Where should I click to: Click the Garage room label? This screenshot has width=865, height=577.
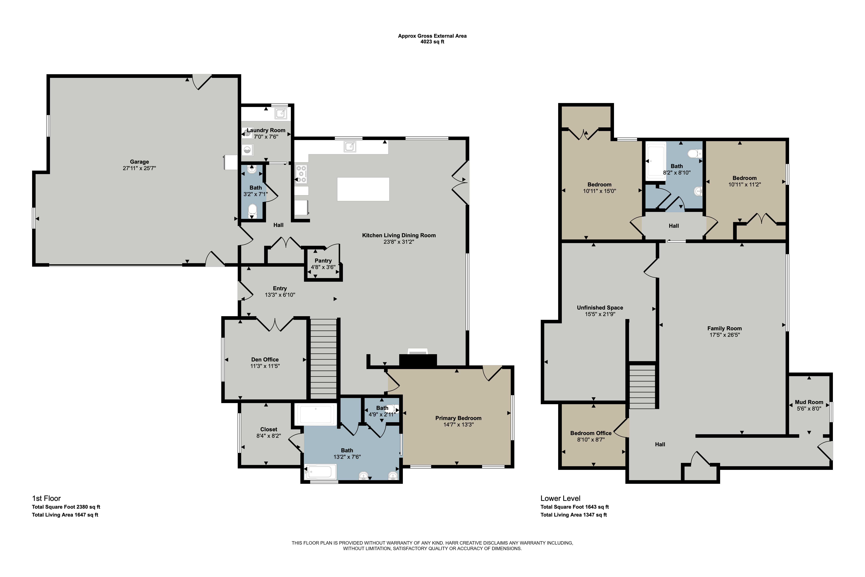tap(139, 162)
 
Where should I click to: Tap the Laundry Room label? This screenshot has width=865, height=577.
tap(266, 130)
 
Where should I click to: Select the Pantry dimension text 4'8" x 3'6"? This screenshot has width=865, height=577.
tap(323, 267)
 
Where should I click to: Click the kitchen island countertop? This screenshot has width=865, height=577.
tap(363, 189)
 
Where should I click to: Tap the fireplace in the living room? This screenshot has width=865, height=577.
tap(418, 360)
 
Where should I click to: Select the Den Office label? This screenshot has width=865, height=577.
tap(265, 360)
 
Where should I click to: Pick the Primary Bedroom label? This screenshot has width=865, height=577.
tap(458, 418)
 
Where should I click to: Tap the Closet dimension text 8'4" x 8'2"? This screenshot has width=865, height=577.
tap(268, 436)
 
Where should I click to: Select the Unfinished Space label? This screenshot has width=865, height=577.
tap(600, 308)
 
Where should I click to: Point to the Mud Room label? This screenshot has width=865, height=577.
tap(809, 402)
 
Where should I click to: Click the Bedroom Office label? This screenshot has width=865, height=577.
tap(591, 433)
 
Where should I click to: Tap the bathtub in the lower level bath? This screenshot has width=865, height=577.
tap(656, 161)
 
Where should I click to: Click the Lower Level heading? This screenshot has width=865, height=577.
tap(561, 498)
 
